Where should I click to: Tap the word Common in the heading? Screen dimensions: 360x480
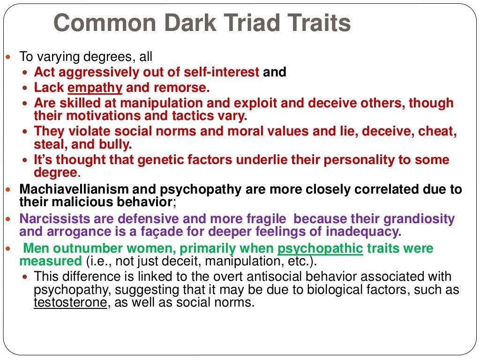[101, 24]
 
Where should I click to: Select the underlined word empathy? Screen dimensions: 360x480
[95, 88]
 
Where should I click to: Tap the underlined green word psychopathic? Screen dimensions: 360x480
[320, 248]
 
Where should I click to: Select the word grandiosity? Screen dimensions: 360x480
[419, 219]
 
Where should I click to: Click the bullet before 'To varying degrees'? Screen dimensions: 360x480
[13, 58]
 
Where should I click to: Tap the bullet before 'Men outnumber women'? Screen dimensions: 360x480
[13, 248]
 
